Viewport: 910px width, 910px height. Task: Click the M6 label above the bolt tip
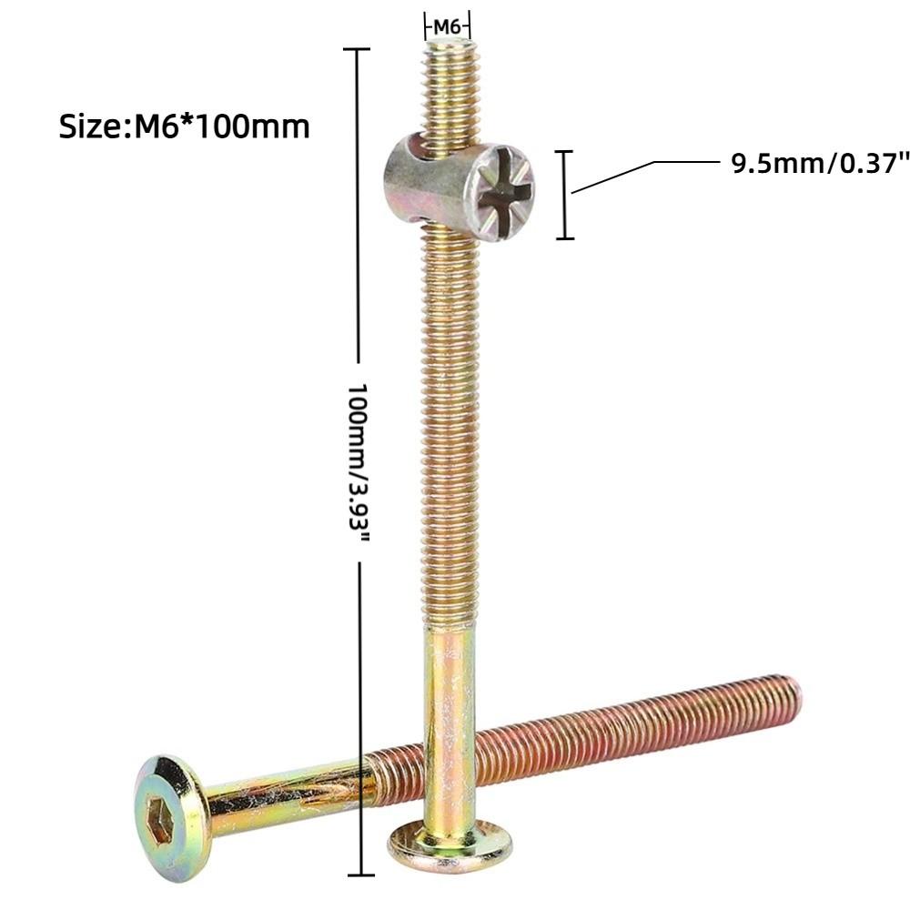(447, 26)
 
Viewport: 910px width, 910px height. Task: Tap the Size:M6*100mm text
(185, 126)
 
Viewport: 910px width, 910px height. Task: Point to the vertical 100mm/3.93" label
(357, 462)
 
